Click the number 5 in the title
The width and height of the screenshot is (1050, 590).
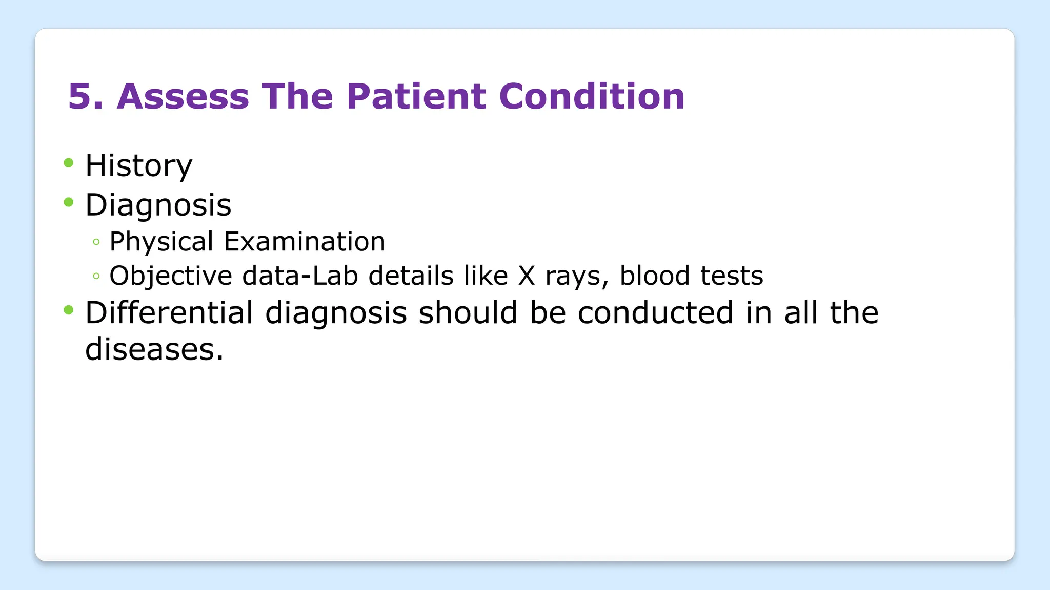pyautogui.click(x=79, y=96)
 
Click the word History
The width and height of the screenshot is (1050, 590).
pyautogui.click(x=138, y=166)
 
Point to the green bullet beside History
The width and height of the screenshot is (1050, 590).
pyautogui.click(x=69, y=163)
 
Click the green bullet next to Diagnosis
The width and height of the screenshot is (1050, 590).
pyautogui.click(x=69, y=202)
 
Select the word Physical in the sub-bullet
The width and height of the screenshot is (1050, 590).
pyautogui.click(x=161, y=242)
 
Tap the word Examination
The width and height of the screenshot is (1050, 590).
pyautogui.click(x=305, y=242)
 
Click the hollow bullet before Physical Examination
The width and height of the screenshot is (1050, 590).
pyautogui.click(x=96, y=242)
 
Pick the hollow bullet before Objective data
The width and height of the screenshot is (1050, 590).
pyautogui.click(x=96, y=276)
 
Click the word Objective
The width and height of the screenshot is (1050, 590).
pyautogui.click(x=171, y=276)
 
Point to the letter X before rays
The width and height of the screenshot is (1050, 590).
pyautogui.click(x=526, y=276)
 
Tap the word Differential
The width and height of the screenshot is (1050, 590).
pyautogui.click(x=169, y=312)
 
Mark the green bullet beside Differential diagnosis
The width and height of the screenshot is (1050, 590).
pyautogui.click(x=69, y=310)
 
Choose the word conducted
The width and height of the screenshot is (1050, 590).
pyautogui.click(x=655, y=312)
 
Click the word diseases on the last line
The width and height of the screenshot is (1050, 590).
pyautogui.click(x=154, y=349)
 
